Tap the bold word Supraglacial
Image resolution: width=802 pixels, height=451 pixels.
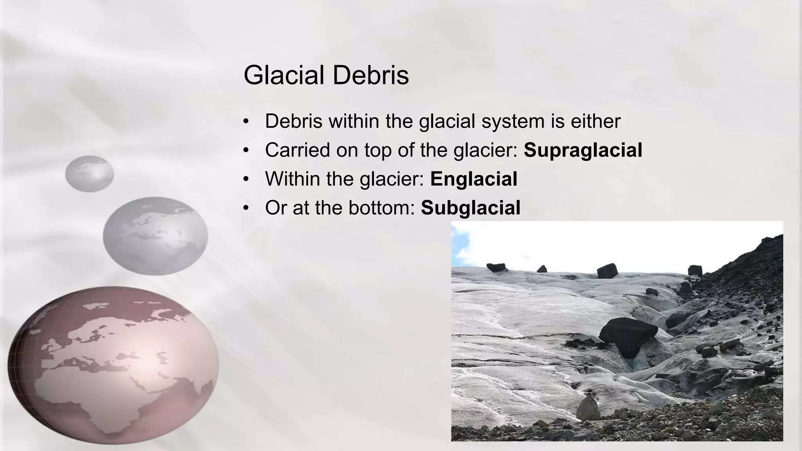(583, 150)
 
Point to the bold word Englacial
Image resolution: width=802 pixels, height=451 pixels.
(473, 179)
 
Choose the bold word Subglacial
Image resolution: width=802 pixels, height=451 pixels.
(470, 208)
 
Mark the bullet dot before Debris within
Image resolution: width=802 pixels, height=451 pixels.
(246, 121)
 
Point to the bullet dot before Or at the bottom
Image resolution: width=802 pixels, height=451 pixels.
(246, 208)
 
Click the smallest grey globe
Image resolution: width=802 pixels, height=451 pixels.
(89, 173)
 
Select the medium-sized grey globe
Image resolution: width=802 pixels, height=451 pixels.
(155, 236)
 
